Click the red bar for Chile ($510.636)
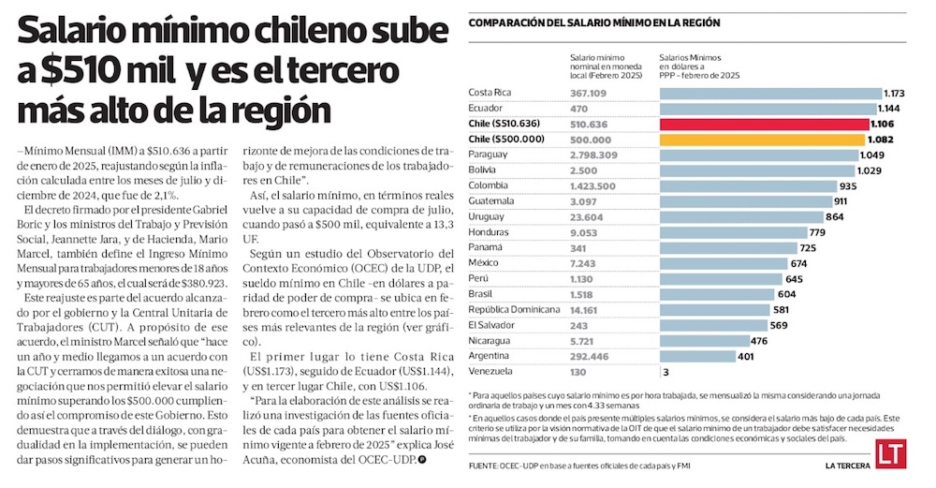(x=763, y=124)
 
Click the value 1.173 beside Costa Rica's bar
(x=898, y=93)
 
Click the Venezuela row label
(x=490, y=372)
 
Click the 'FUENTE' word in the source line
(x=485, y=466)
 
